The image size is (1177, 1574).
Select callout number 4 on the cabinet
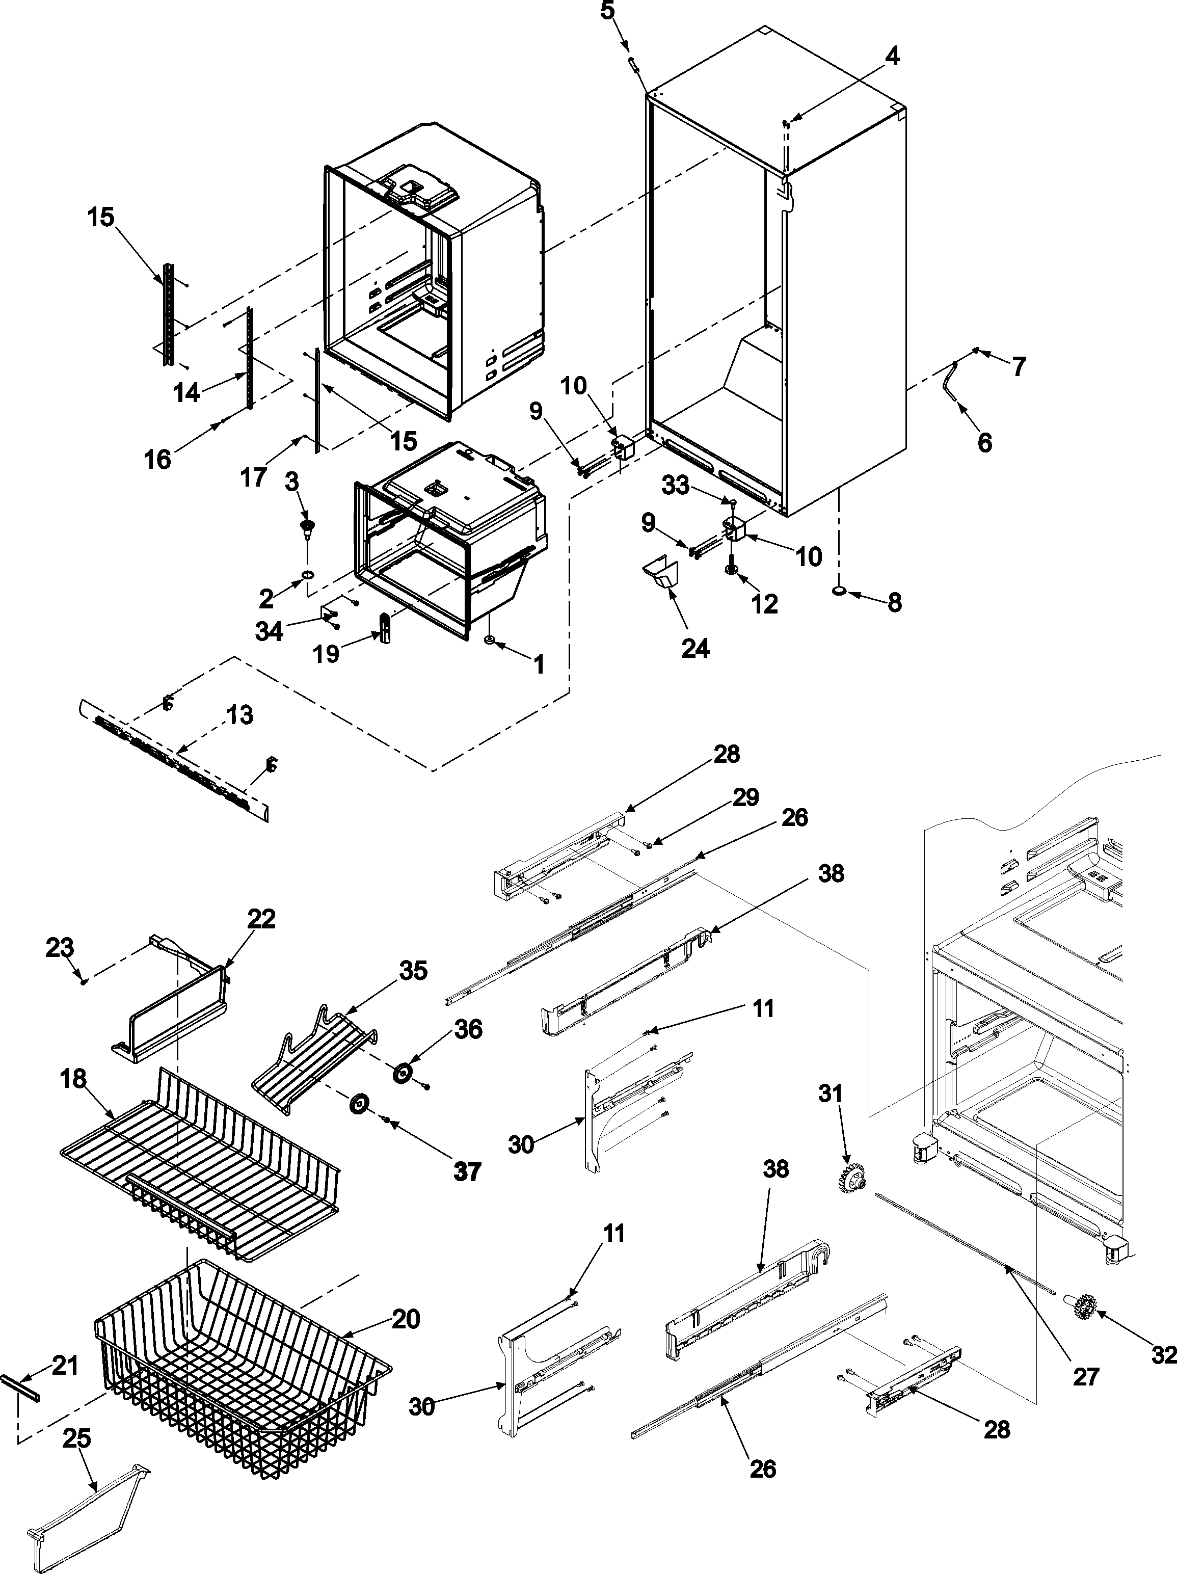coord(892,57)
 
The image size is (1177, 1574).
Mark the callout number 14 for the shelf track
coord(186,392)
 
